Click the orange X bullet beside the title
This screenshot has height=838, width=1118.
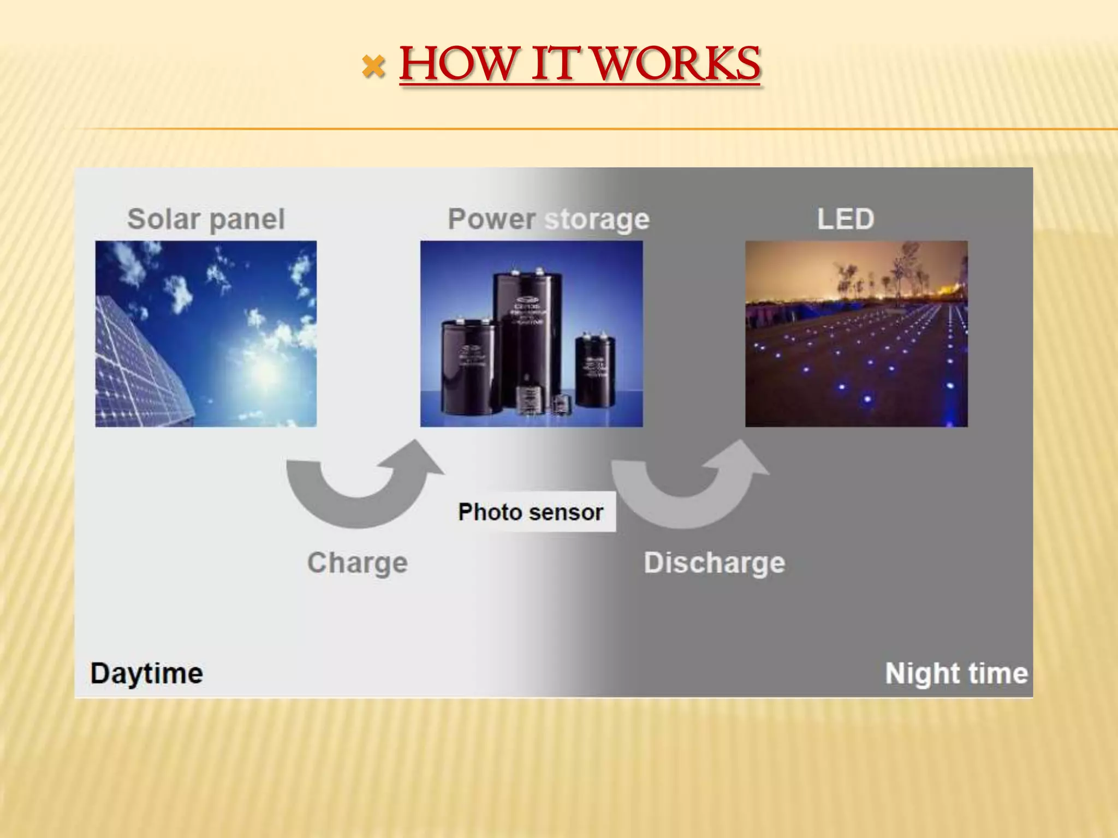click(373, 67)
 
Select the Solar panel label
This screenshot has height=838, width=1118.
click(206, 219)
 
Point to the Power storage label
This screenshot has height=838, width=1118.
click(548, 219)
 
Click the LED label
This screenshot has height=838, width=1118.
click(846, 219)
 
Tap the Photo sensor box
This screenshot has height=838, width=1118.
click(531, 512)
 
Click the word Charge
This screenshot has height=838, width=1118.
click(358, 562)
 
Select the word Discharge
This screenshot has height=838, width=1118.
click(714, 562)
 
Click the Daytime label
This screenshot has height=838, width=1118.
click(146, 673)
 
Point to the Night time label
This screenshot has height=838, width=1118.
click(956, 673)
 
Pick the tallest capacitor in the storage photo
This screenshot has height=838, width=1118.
click(527, 333)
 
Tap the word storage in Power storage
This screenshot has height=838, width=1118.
click(597, 219)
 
